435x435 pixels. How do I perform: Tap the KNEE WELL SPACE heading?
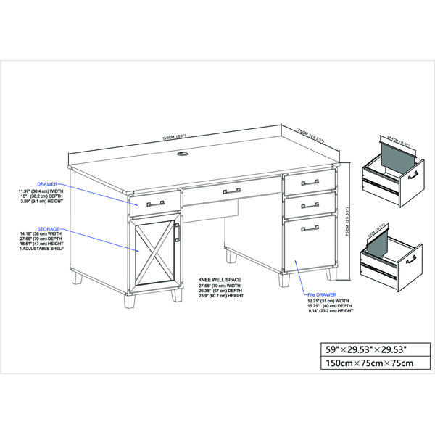tap(220, 278)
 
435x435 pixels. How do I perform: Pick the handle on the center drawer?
tap(231, 191)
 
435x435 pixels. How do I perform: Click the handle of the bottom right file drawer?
tap(310, 228)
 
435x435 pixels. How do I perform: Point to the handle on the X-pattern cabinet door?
tap(176, 233)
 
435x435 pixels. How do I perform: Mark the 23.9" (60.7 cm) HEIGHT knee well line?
tap(222, 296)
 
